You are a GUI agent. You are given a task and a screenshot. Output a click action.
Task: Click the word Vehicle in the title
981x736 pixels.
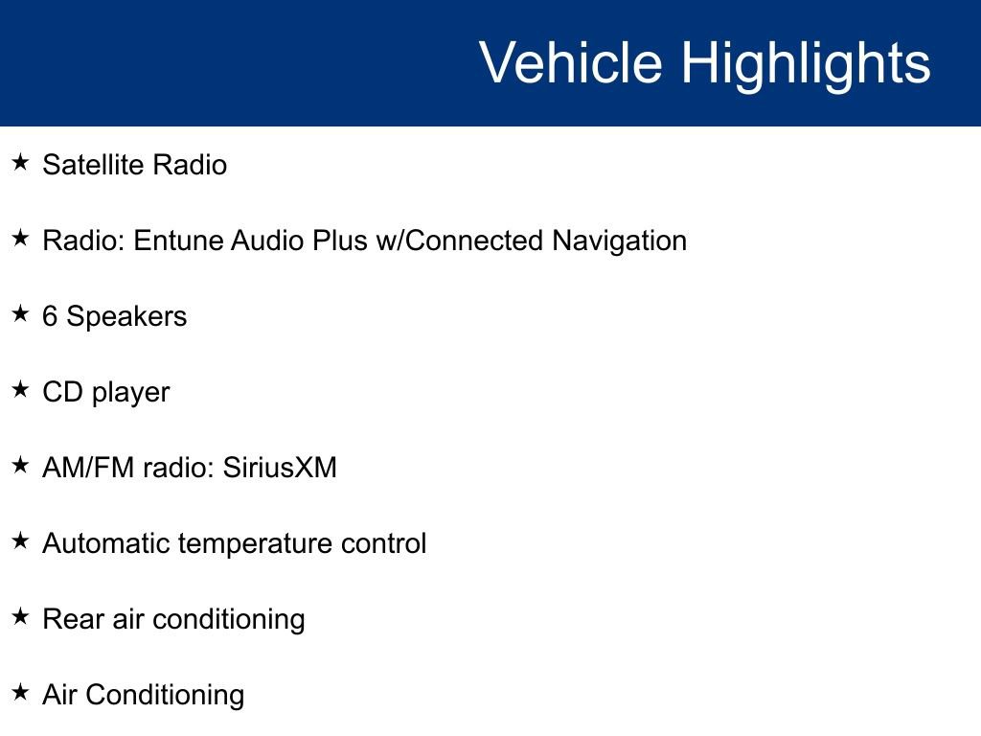click(x=571, y=62)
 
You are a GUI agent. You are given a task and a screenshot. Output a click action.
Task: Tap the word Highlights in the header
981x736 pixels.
click(x=806, y=66)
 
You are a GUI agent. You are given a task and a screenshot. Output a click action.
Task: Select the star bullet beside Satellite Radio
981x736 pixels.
click(x=21, y=162)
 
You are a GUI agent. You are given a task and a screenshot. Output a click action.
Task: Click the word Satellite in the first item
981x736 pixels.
click(x=93, y=165)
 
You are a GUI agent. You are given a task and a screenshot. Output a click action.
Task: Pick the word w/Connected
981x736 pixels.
click(x=459, y=241)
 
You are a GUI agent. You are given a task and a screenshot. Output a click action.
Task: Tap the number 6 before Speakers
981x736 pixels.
click(x=50, y=316)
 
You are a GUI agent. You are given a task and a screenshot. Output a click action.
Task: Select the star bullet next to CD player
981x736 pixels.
click(x=21, y=389)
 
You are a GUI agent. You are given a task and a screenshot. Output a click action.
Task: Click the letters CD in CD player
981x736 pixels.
click(x=62, y=392)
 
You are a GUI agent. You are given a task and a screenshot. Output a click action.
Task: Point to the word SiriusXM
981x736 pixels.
click(x=280, y=468)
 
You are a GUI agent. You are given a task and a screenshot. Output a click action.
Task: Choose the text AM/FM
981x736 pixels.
click(x=88, y=468)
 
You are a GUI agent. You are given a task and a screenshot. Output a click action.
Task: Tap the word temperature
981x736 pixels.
click(x=255, y=545)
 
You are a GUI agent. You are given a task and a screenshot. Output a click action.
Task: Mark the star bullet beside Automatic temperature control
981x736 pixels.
click(x=21, y=540)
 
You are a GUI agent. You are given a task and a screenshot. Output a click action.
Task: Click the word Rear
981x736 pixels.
click(x=73, y=620)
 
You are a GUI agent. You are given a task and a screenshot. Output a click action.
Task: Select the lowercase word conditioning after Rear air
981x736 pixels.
click(x=228, y=621)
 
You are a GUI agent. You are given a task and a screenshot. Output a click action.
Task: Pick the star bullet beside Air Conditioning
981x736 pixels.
click(x=21, y=692)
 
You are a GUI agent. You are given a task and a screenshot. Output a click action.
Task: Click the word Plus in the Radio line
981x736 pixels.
click(x=340, y=241)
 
